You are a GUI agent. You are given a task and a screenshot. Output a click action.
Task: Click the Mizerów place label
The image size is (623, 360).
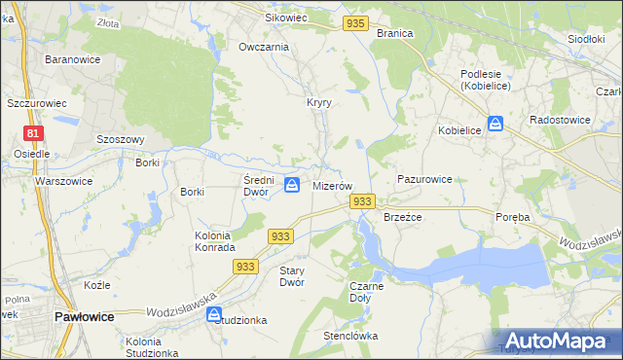(x=331, y=185)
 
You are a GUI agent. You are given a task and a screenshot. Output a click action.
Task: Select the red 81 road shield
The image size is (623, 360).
(x=34, y=133)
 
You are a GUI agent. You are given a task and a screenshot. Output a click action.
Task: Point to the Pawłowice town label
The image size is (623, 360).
(x=85, y=317)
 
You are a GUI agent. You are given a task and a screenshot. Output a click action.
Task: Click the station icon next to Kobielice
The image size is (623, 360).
(x=495, y=124)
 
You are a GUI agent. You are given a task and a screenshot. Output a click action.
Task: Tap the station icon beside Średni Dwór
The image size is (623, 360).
(x=291, y=184)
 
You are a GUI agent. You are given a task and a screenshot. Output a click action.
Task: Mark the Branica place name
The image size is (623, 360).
(x=394, y=33)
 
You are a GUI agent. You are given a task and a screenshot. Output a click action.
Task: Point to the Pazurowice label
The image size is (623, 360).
(x=424, y=180)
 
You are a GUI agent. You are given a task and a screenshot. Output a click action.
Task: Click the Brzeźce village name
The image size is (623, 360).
(x=402, y=217)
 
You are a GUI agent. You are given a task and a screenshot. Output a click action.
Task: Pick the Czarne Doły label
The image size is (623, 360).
(x=367, y=292)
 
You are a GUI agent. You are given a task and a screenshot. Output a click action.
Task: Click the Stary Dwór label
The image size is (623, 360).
(x=292, y=275)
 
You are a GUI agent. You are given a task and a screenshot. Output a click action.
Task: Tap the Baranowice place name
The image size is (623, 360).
(x=69, y=59)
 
